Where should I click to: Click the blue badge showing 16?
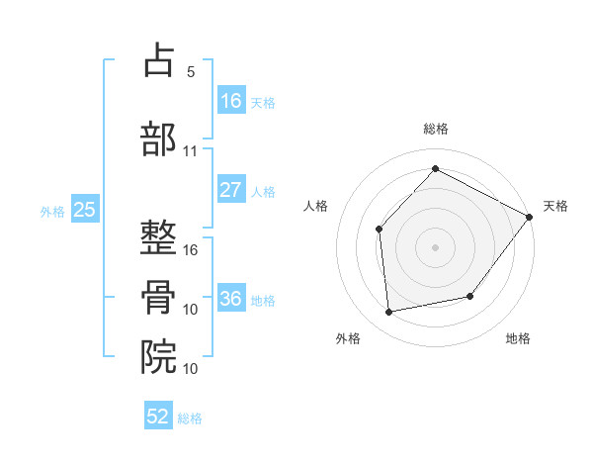(231, 100)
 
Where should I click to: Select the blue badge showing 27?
(231, 190)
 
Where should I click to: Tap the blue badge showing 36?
(231, 299)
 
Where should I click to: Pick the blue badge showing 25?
(84, 210)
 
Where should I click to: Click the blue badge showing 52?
(158, 417)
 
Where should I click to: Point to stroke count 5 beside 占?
(191, 72)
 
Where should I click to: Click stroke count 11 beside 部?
(191, 151)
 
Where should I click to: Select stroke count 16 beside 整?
(191, 250)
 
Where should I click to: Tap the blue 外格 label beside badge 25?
(52, 211)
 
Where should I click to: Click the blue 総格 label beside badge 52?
(190, 418)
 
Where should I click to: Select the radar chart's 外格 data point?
(389, 313)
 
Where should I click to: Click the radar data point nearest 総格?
(435, 168)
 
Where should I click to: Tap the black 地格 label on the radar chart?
(518, 338)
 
